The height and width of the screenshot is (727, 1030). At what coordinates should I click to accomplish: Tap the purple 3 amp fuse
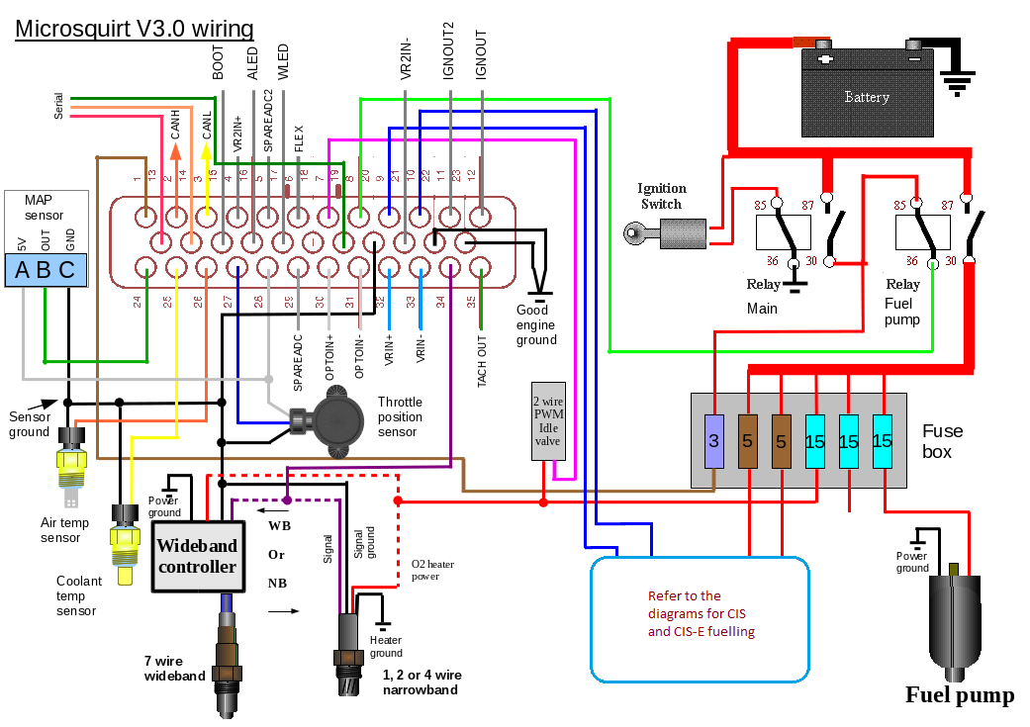coord(714,442)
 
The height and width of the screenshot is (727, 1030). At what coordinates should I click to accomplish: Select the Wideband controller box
coord(198,557)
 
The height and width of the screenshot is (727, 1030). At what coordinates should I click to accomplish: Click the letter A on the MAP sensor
coord(21,271)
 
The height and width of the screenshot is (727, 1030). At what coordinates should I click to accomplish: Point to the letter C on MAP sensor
coord(66,271)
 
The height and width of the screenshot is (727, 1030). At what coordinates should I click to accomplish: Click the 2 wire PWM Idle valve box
coord(547,420)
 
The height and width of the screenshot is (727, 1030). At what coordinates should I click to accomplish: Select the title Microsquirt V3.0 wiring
coord(135,30)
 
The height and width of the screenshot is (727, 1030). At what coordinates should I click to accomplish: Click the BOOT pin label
coord(218,61)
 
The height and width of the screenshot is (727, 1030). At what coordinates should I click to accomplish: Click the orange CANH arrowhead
coord(176,150)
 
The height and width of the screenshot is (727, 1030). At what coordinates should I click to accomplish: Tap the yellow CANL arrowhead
coord(206,150)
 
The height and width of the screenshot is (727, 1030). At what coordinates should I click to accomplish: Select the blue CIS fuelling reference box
coord(699,619)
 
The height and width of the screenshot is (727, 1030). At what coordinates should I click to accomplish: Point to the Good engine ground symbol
coord(539,293)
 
